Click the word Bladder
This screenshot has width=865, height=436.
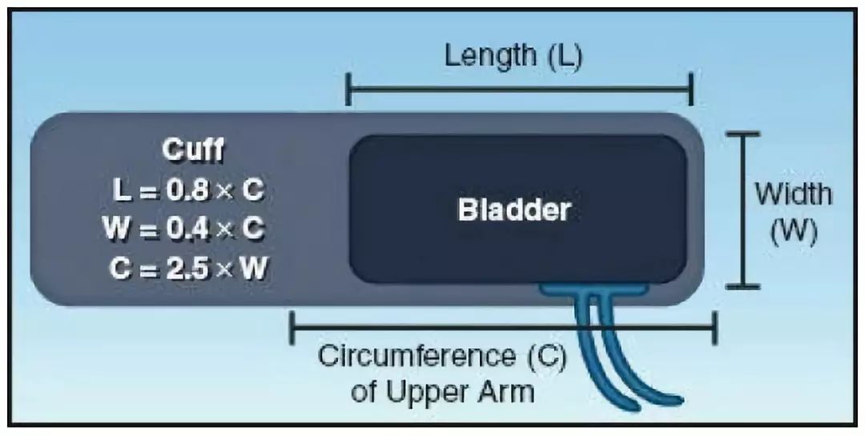point(514,210)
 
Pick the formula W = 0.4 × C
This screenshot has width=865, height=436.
point(184,229)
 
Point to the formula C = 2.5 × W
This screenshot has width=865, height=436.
point(190,267)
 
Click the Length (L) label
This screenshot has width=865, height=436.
point(513,56)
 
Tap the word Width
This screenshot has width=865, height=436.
point(793,194)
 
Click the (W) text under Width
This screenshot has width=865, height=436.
point(793,232)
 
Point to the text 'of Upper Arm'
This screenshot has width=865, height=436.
point(442,392)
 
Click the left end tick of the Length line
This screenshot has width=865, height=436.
point(348,90)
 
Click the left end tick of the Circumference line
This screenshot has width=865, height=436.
point(292,328)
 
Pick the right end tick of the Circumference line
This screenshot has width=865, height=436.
point(715,328)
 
